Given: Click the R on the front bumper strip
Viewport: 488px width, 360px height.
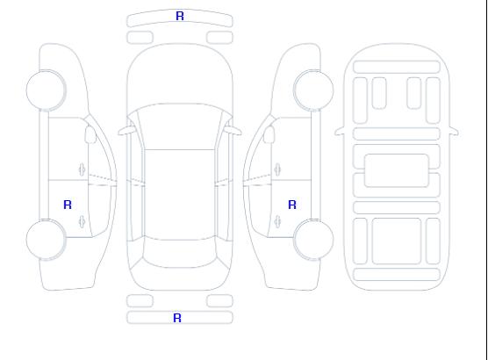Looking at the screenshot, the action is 180,16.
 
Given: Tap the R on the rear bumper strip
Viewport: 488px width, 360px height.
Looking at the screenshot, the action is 177,318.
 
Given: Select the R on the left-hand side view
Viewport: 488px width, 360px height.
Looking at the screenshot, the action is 68,205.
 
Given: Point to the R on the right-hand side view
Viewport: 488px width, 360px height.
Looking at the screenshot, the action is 292,205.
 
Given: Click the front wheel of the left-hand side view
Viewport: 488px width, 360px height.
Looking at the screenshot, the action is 46,90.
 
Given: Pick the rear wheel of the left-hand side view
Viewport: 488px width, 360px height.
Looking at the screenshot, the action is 46,240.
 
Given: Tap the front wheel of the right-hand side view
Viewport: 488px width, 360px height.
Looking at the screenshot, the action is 313,90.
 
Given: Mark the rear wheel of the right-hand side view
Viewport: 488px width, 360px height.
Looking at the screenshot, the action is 313,240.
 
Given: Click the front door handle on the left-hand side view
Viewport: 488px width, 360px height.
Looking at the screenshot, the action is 83,169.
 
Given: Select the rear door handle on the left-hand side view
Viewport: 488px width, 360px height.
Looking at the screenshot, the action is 83,221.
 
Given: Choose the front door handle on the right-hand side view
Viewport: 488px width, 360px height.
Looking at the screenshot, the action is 277,169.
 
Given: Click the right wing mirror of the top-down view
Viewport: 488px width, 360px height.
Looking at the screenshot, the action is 233,131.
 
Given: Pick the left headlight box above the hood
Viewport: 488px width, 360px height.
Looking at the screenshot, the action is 140,38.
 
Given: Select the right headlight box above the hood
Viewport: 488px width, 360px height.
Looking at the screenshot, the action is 219,38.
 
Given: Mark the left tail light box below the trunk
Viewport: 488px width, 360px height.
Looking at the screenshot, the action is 140,301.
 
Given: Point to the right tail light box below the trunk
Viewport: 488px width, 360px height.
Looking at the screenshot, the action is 219,301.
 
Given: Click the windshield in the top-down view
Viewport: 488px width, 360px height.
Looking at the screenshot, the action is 180,127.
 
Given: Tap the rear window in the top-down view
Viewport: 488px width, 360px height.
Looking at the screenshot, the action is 180,253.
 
